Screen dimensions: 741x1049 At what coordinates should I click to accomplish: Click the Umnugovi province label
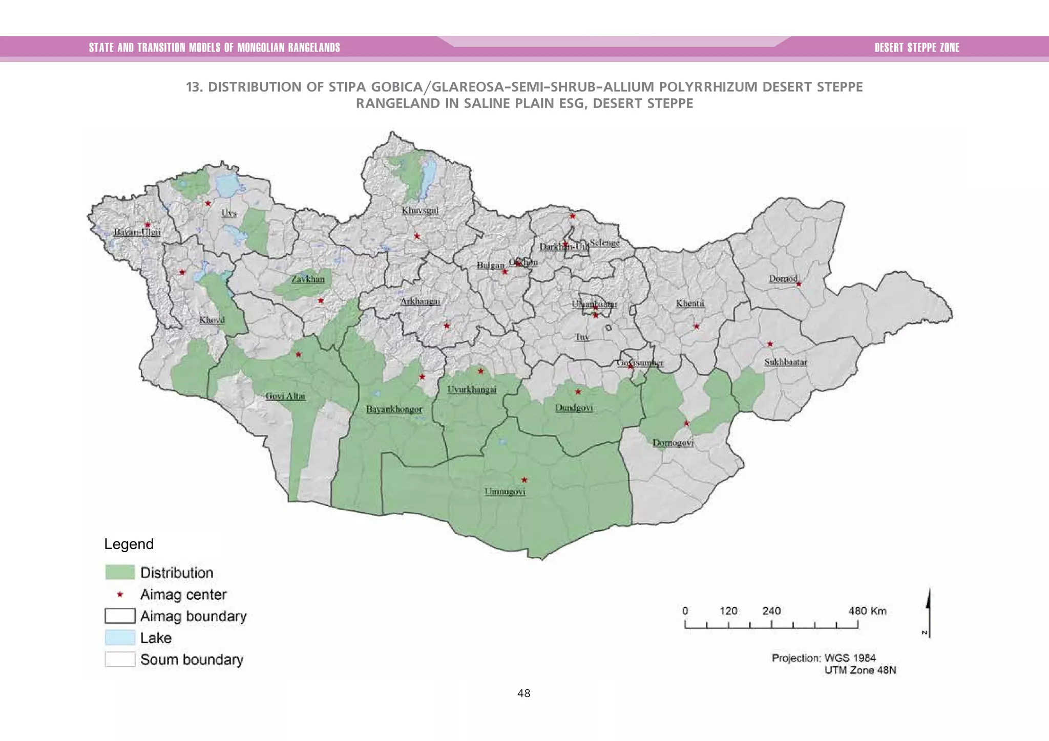coord(505,492)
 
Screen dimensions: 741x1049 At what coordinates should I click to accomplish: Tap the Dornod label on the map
coord(783,279)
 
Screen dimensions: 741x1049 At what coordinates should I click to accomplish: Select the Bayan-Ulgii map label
coord(137,232)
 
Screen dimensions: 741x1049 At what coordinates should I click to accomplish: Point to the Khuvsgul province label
coord(420,211)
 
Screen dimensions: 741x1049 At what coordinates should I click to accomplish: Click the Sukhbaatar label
coord(786,362)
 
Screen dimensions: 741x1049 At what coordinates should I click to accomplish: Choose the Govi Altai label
coord(285,396)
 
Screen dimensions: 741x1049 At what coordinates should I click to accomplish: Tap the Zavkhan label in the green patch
coord(308,279)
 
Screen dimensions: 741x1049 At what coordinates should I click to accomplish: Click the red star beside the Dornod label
coord(799,284)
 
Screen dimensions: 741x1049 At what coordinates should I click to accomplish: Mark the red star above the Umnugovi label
coord(524,480)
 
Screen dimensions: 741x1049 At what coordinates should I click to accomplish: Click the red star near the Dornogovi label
coord(687,423)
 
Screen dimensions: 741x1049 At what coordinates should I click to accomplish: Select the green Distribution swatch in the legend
coord(120,572)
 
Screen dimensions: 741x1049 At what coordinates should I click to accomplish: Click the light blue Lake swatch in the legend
coord(120,638)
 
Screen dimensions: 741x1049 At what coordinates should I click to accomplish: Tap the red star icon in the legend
coord(120,595)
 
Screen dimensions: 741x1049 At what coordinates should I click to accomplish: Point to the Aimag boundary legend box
coord(120,616)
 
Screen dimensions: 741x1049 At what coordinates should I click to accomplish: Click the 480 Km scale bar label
coord(867,611)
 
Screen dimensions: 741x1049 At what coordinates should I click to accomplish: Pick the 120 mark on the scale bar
coord(728,611)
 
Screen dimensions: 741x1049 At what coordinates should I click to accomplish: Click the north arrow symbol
coord(928,613)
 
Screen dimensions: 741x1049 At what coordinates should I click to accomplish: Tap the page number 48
coord(523,693)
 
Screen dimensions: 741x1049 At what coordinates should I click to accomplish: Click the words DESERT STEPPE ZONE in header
coord(916,48)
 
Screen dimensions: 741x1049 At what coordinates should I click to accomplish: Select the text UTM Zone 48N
coord(860,670)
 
